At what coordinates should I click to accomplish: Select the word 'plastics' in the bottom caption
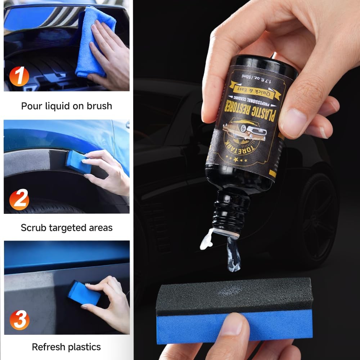pyautogui.click(x=84, y=347)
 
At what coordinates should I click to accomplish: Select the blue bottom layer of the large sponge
pyautogui.click(x=234, y=326)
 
